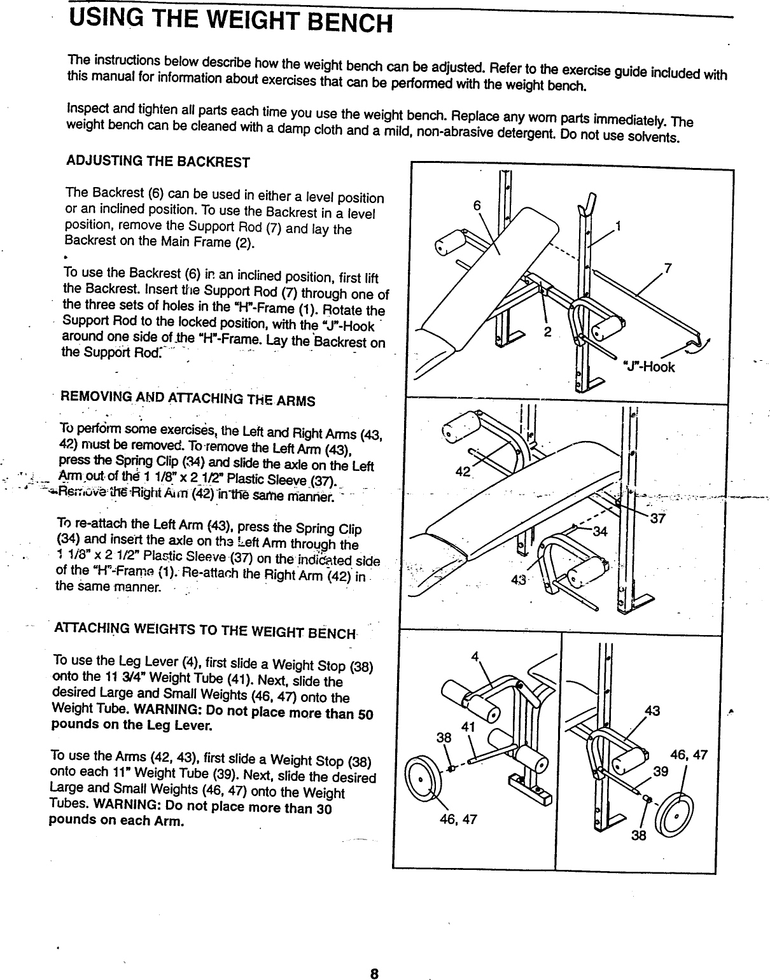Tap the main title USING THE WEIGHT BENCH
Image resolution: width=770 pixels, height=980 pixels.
coord(230,19)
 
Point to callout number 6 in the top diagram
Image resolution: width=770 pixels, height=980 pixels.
coord(477,206)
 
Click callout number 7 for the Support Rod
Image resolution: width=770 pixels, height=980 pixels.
coord(668,268)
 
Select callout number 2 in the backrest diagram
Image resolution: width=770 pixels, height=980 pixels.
coord(547,332)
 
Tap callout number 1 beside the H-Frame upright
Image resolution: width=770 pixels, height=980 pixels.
coord(618,227)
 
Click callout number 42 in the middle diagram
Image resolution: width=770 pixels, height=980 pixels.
coord(463,471)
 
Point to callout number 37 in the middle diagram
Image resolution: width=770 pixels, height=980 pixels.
coord(657,518)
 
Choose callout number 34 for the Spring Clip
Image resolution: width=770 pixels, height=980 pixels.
coord(600,531)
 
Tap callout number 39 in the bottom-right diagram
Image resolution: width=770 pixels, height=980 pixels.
coord(661,771)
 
